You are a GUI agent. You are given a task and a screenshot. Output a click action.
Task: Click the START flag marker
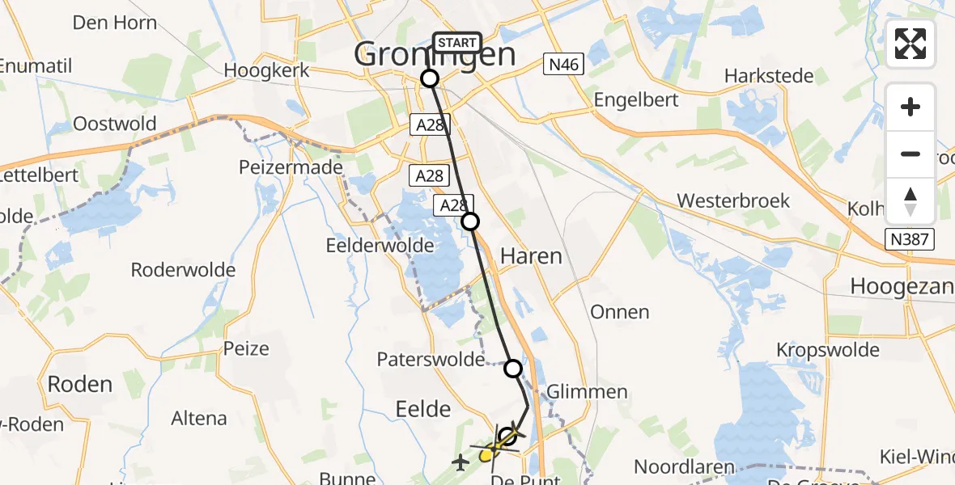point(457,43)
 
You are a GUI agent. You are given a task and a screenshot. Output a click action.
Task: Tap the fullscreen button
point(910,44)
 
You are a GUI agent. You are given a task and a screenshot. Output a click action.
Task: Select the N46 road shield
point(562,65)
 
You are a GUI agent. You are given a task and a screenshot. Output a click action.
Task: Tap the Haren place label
point(531,256)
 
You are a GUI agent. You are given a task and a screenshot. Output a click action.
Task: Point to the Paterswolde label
point(431,359)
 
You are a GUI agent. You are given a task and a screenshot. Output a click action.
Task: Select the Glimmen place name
point(587,392)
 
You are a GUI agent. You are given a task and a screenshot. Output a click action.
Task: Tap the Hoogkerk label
point(266,70)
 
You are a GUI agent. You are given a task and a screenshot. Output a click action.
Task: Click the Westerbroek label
point(733,200)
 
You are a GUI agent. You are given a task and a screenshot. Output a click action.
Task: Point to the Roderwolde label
point(183,270)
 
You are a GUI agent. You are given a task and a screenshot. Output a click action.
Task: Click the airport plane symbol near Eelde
point(461,462)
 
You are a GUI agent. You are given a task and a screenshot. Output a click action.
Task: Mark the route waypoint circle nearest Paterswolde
point(513,369)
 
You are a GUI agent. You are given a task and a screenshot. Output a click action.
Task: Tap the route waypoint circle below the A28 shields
point(470,221)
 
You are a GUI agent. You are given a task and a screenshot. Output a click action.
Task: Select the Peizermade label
point(291,167)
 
